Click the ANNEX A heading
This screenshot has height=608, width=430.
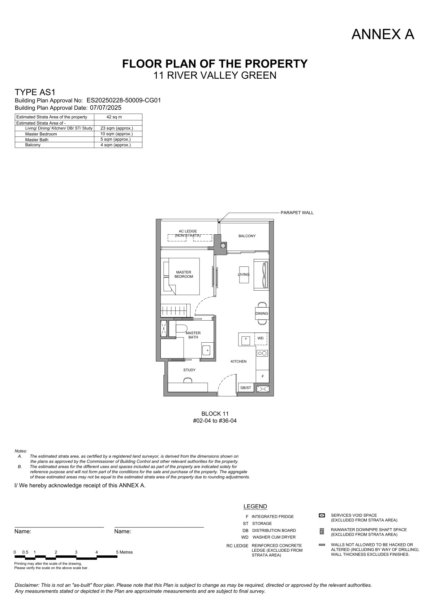[383, 34]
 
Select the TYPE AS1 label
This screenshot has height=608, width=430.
[35, 92]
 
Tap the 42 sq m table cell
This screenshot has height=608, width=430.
[114, 117]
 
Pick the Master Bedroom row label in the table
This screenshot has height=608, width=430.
[41, 134]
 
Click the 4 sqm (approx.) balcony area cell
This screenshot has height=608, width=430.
[115, 145]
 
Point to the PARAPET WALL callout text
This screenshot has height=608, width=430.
[297, 213]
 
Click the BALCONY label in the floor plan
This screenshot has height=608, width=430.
[247, 236]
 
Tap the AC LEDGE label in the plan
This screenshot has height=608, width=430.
[188, 231]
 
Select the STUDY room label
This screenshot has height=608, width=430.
[189, 370]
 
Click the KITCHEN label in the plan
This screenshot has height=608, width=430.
[238, 361]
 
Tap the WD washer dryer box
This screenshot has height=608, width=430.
[261, 339]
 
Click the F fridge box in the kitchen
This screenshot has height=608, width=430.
[263, 376]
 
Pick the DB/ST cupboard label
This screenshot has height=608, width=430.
[246, 388]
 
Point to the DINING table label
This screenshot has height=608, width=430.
[262, 313]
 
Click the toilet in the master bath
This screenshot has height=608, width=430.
[181, 328]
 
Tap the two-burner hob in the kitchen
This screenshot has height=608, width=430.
[262, 353]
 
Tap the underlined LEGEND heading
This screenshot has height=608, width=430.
[255, 507]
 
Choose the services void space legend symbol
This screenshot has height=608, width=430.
[322, 515]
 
